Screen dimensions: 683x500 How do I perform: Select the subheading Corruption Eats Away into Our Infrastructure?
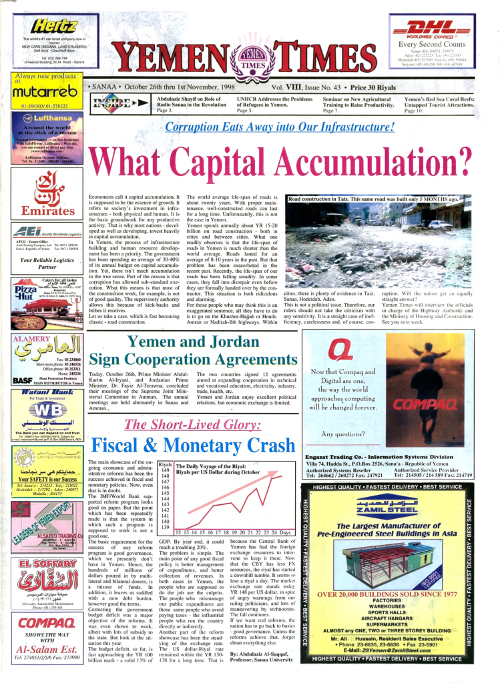(280, 127)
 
